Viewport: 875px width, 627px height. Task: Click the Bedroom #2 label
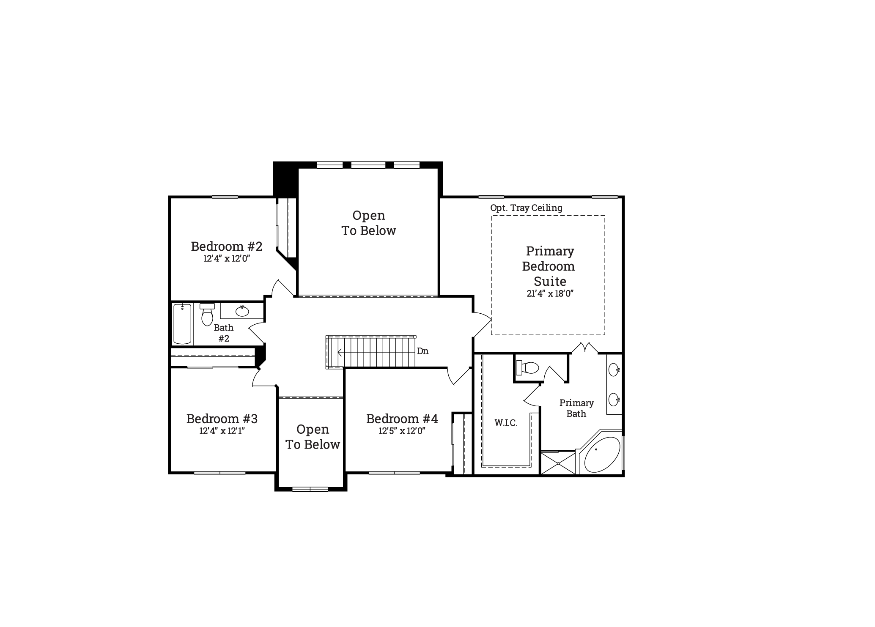[x=227, y=246]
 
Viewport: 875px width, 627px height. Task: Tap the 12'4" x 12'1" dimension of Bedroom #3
[x=222, y=431]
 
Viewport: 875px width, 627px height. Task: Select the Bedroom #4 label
[x=402, y=419]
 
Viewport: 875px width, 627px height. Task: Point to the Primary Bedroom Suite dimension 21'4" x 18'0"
[x=550, y=293]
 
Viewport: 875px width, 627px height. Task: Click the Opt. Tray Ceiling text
[x=526, y=208]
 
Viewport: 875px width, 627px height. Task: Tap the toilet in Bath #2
[x=207, y=315]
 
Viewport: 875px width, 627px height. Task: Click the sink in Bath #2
[x=242, y=311]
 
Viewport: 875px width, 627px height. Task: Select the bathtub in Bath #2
[x=182, y=323]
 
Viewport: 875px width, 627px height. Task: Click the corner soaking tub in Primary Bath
[x=602, y=455]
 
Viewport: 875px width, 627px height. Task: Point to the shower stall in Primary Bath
[x=558, y=463]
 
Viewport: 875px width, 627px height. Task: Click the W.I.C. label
[x=506, y=423]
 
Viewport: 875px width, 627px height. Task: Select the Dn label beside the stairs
[x=422, y=351]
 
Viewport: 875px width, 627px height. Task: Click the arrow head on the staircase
[x=339, y=352]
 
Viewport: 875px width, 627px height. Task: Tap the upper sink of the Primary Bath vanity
[x=614, y=370]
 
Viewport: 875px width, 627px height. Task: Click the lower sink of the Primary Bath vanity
[x=614, y=399]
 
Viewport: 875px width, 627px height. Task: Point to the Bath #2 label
[x=223, y=333]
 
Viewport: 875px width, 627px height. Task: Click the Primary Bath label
[x=576, y=408]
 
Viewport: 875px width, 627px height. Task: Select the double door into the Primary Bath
[x=585, y=348]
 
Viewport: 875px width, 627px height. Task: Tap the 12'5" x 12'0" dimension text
[x=402, y=431]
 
